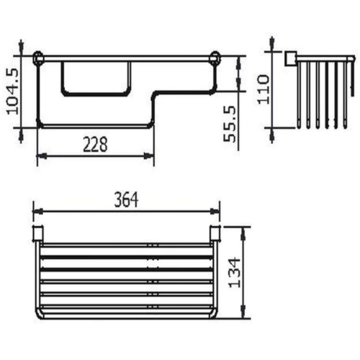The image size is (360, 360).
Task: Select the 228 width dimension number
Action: point(94,144)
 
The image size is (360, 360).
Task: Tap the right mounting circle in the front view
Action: point(213,55)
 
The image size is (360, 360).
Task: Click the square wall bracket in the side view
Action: point(292,58)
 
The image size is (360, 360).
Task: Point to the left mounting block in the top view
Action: point(39,235)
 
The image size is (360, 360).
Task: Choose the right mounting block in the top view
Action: point(214,235)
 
